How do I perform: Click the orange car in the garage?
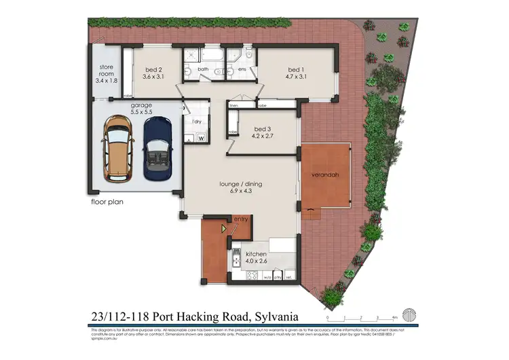pos(116,147)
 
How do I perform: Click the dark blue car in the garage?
pos(158,147)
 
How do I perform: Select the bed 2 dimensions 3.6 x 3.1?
pos(154,76)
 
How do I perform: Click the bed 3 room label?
pos(263,129)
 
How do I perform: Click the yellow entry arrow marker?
pos(223,230)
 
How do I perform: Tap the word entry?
pos(241,219)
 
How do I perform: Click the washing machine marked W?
pos(201,139)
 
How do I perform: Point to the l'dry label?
pos(197,122)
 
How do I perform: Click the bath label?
pos(203,69)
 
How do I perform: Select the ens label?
pos(242,69)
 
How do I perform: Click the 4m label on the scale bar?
pos(394,317)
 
